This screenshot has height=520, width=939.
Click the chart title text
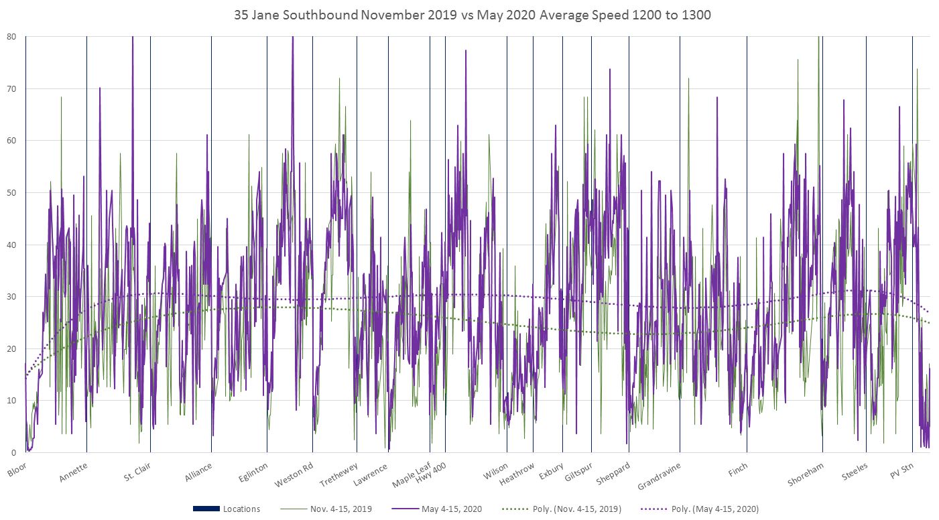(x=473, y=15)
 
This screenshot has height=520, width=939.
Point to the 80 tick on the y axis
(x=11, y=36)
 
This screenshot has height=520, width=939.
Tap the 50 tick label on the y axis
(x=11, y=193)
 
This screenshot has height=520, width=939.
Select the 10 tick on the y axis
(x=11, y=401)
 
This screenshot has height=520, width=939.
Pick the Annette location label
(x=73, y=471)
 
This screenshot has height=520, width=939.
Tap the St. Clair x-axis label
(x=137, y=472)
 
